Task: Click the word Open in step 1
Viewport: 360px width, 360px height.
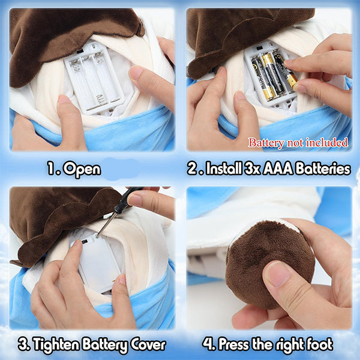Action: (82, 169)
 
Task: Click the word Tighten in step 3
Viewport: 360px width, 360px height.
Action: (56, 344)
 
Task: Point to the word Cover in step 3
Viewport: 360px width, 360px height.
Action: (148, 344)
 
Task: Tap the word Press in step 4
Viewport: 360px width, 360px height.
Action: (234, 344)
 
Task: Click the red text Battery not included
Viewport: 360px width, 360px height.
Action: (298, 143)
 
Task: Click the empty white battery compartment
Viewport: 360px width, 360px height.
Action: (94, 79)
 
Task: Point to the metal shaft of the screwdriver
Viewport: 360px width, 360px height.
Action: (105, 224)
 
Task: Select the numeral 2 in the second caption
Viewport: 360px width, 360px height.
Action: (193, 168)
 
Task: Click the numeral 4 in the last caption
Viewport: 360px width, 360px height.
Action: (208, 344)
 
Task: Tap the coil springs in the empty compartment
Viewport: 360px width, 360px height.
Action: (101, 99)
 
